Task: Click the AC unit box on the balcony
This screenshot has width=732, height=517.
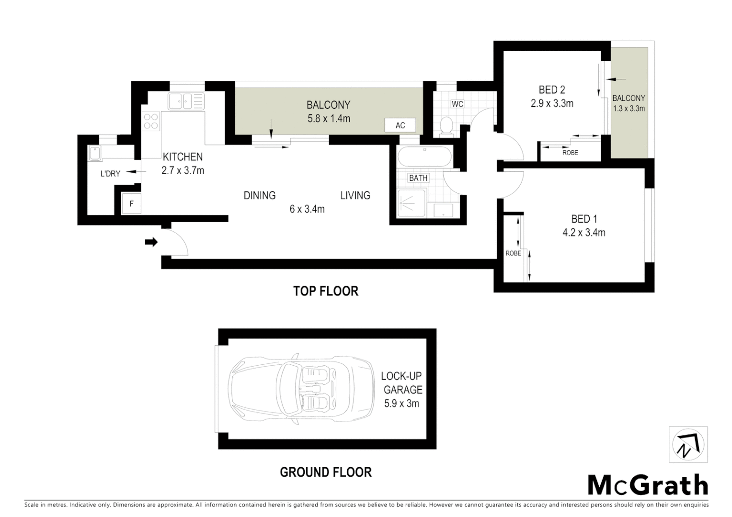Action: [400, 125]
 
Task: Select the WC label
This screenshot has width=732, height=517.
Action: [457, 104]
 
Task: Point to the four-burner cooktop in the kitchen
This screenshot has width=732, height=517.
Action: [151, 121]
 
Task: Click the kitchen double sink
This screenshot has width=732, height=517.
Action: [185, 101]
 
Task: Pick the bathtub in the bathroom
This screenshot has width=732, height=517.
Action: [423, 157]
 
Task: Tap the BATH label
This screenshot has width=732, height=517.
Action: [418, 178]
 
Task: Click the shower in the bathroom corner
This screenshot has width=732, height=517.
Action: [411, 204]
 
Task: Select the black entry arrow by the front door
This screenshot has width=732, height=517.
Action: [151, 242]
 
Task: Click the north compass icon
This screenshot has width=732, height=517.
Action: [688, 445]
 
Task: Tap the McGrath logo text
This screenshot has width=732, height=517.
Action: [648, 485]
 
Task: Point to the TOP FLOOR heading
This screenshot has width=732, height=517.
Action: [326, 291]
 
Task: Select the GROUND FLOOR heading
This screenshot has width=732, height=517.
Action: [326, 472]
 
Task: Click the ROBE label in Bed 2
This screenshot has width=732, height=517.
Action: [570, 153]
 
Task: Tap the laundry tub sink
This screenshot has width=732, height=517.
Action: [95, 154]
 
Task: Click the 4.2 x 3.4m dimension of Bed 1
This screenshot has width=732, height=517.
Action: [583, 233]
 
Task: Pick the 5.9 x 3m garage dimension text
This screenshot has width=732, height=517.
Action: [401, 404]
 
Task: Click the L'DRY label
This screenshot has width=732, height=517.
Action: [110, 174]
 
